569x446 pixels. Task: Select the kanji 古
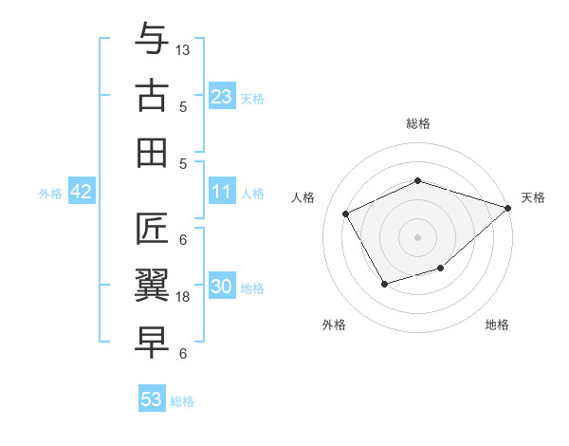pos(153,96)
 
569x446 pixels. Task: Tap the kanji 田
pos(153,152)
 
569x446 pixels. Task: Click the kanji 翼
pos(153,286)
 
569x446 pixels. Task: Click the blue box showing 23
pos(222,96)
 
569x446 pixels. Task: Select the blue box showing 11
pos(222,192)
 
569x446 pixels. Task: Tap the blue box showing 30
pos(222,287)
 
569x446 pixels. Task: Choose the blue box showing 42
pos(82,192)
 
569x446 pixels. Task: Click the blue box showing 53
pos(152,400)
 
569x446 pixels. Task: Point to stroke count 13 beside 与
pos(183,48)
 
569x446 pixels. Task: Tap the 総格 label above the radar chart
pos(417,123)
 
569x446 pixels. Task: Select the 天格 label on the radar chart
pos(533,197)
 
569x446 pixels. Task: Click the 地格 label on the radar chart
pos(497,325)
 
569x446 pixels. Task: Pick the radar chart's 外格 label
pos(334,325)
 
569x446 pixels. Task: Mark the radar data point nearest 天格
pos(509,208)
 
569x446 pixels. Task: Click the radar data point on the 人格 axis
pos(346,214)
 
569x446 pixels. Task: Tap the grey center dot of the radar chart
pos(417,236)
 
